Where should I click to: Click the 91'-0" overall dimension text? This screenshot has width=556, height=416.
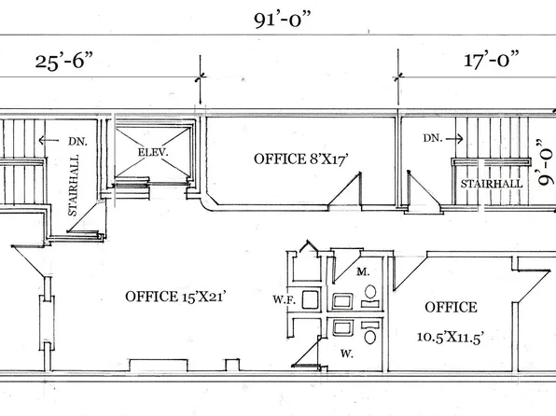pyautogui.click(x=283, y=20)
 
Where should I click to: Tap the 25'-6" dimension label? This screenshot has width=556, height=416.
pyautogui.click(x=64, y=61)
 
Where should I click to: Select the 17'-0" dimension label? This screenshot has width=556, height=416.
pyautogui.click(x=492, y=59)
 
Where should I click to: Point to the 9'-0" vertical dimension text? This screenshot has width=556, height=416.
pyautogui.click(x=546, y=162)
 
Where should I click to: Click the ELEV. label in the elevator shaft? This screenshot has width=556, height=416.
pyautogui.click(x=153, y=152)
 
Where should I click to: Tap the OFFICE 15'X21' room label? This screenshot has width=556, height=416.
pyautogui.click(x=175, y=297)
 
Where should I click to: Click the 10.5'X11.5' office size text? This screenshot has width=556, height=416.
pyautogui.click(x=451, y=337)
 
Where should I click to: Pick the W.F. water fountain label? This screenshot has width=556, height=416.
pyautogui.click(x=284, y=299)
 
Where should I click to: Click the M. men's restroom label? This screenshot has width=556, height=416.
pyautogui.click(x=363, y=272)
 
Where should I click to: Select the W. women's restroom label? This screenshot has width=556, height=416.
pyautogui.click(x=346, y=354)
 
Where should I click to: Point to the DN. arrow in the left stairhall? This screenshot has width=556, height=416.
pyautogui.click(x=49, y=141)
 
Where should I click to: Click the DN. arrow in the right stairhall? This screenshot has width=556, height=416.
pyautogui.click(x=454, y=139)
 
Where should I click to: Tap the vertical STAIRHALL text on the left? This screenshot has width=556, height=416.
pyautogui.click(x=73, y=185)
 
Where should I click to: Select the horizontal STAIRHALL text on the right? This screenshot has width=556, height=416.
pyautogui.click(x=492, y=184)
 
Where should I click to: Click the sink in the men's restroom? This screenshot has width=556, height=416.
pyautogui.click(x=342, y=301)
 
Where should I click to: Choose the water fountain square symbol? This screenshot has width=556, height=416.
pyautogui.click(x=311, y=299)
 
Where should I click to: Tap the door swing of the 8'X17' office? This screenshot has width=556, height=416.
pyautogui.click(x=345, y=188)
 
